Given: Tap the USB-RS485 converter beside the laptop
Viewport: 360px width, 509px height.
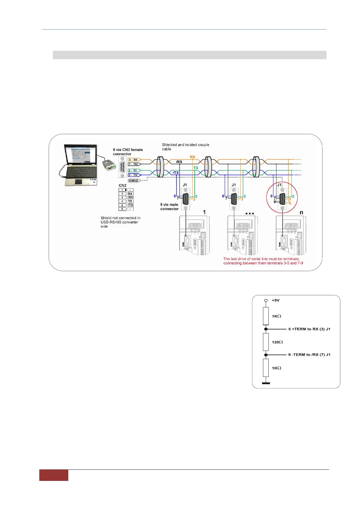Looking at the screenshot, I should coord(109,165).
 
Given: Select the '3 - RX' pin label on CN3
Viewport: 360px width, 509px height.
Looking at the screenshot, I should coord(133,160).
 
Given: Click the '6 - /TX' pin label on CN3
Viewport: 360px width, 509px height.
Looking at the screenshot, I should coord(133,175).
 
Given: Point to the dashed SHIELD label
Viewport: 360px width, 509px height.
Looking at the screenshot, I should coord(134,181).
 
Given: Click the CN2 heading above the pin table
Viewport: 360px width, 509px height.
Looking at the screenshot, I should coord(122,185).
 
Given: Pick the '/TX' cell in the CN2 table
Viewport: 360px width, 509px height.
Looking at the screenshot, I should coord(130,205).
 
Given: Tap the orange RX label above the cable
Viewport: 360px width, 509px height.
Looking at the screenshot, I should coord(193,157).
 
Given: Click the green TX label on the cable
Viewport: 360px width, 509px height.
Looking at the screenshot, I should coord(196,168).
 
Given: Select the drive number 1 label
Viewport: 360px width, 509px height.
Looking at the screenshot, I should coord(204,212).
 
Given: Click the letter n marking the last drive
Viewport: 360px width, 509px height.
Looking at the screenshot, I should coord(301,212).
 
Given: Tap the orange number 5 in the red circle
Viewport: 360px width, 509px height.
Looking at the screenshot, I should coord(290,203).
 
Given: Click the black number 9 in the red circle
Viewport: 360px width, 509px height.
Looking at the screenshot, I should coord(275,202).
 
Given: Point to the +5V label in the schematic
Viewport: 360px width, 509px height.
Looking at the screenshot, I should coord(276,300).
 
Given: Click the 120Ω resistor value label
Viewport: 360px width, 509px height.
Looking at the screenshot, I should coord(277,342).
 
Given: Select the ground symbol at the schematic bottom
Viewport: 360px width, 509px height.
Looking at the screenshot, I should coord(266,383).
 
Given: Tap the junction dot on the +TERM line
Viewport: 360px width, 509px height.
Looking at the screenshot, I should coord(266,329).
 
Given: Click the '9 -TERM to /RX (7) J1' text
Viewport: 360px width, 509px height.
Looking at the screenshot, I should coord(309,355).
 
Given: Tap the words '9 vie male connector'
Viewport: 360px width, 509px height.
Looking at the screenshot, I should coord(169,207).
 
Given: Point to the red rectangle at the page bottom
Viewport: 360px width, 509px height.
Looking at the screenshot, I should coord(54,475).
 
